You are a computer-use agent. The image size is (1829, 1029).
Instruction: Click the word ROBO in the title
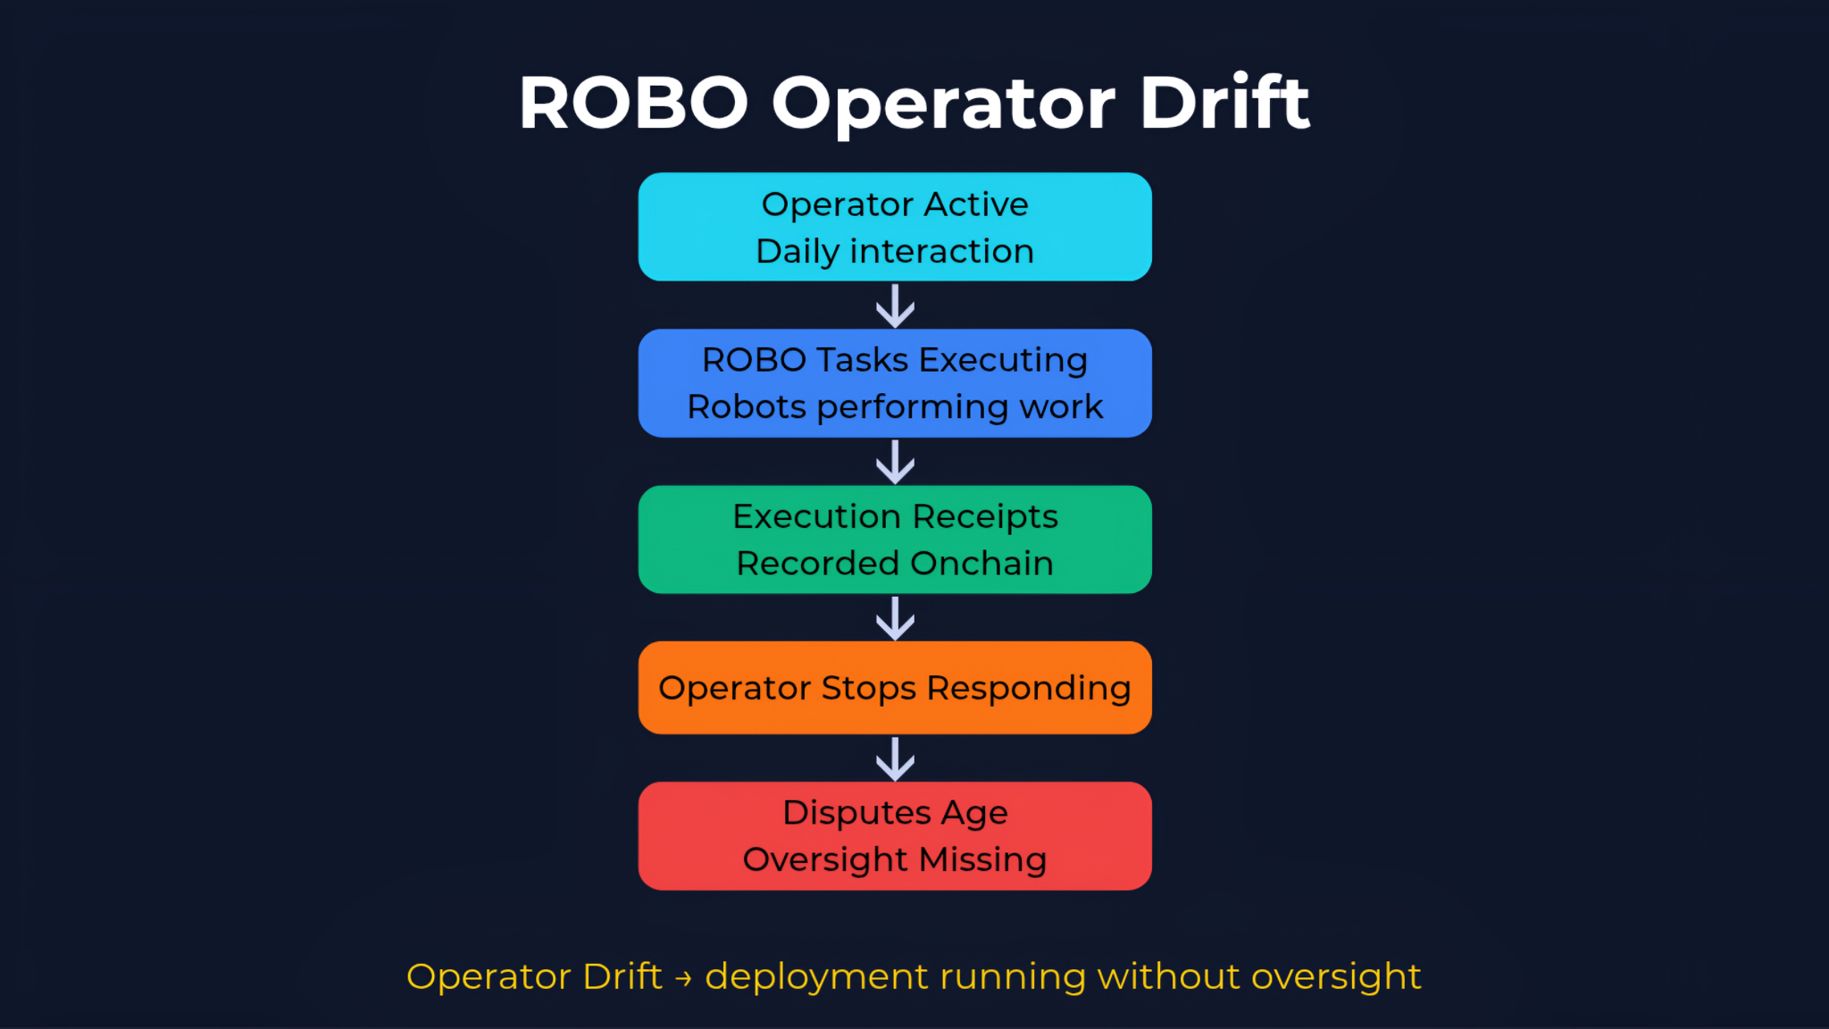tap(633, 103)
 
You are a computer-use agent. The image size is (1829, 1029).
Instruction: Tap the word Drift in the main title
tap(1224, 103)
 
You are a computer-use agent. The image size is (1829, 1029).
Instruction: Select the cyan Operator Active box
tap(895, 227)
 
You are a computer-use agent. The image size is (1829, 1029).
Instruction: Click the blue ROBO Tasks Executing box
tap(895, 383)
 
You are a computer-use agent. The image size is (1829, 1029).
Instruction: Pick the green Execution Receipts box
tap(895, 540)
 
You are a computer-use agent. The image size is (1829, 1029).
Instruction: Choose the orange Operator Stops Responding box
tap(895, 688)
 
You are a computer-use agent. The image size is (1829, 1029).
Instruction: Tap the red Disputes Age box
tap(895, 836)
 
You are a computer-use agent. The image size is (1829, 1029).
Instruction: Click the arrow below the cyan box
tap(895, 305)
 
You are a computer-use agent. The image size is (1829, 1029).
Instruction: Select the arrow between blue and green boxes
tap(895, 462)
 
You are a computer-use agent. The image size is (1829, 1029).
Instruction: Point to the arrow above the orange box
tap(895, 618)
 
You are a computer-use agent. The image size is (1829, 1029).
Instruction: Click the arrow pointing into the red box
tap(895, 759)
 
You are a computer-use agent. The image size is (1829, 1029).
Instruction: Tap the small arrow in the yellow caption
tap(684, 979)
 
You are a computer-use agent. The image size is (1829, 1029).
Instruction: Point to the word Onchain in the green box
tap(981, 564)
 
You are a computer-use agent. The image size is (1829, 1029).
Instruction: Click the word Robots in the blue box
tap(747, 407)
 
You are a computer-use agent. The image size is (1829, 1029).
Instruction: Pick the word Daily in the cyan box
tap(797, 252)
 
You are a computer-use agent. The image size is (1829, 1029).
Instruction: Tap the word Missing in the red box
tap(982, 859)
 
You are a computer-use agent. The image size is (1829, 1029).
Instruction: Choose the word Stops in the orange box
tap(868, 689)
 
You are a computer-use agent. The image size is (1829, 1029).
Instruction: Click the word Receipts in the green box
tap(985, 517)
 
